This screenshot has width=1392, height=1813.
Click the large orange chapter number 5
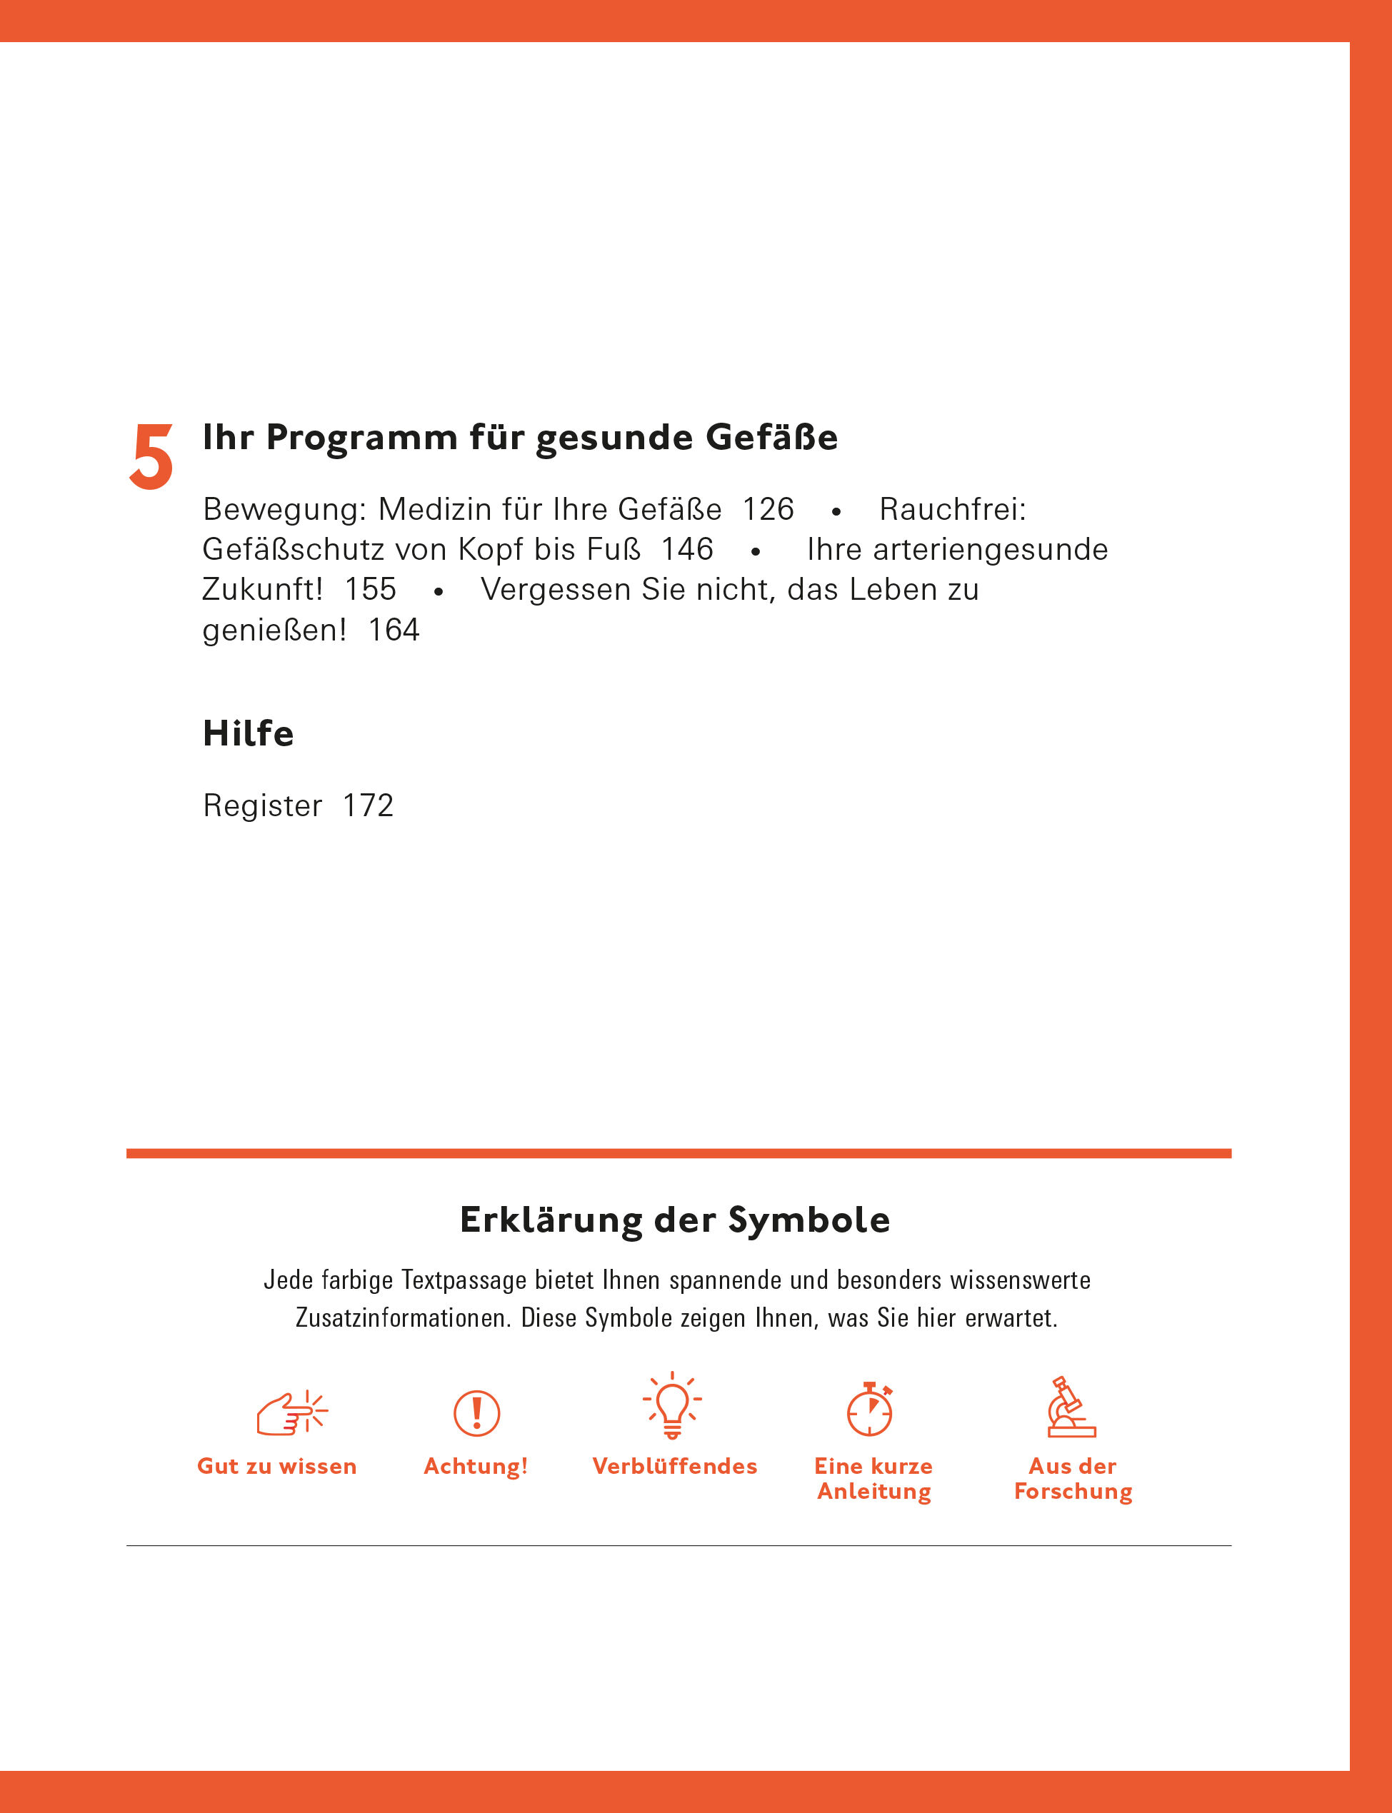tap(151, 456)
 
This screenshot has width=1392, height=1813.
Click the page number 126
tap(767, 509)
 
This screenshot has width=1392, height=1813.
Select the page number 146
tap(687, 549)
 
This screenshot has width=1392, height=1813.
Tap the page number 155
tap(371, 589)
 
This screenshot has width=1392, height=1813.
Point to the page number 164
tap(394, 630)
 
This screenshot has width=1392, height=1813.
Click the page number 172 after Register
tap(368, 805)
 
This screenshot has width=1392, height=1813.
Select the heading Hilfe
tap(249, 733)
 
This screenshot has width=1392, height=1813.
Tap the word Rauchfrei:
tap(953, 509)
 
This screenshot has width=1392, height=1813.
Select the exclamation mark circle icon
tap(476, 1413)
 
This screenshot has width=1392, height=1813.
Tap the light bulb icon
tap(672, 1405)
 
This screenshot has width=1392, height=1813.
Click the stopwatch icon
tap(870, 1409)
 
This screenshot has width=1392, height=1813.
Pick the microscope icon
tap(1071, 1407)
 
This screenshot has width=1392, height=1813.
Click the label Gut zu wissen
tap(276, 1467)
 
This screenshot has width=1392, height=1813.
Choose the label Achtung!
tap(476, 1467)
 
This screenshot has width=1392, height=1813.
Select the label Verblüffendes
tap(674, 1467)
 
